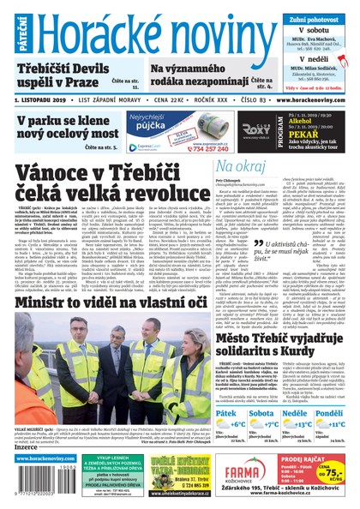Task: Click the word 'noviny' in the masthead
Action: point(207,31)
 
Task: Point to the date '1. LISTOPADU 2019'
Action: point(40,100)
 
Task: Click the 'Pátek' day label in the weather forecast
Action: point(202,413)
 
